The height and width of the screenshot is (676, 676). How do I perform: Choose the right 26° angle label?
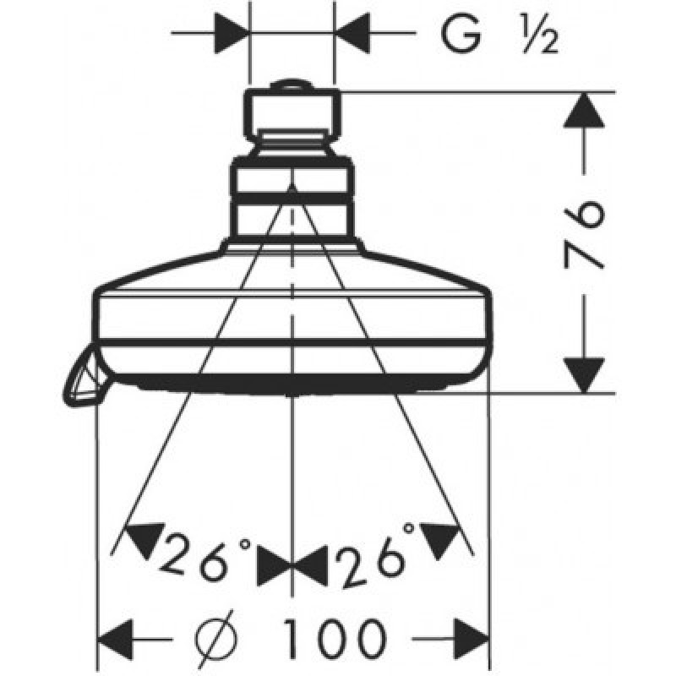click(x=375, y=558)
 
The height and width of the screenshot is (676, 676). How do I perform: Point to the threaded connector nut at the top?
click(x=292, y=114)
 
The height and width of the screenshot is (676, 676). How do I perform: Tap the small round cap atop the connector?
click(x=292, y=84)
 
